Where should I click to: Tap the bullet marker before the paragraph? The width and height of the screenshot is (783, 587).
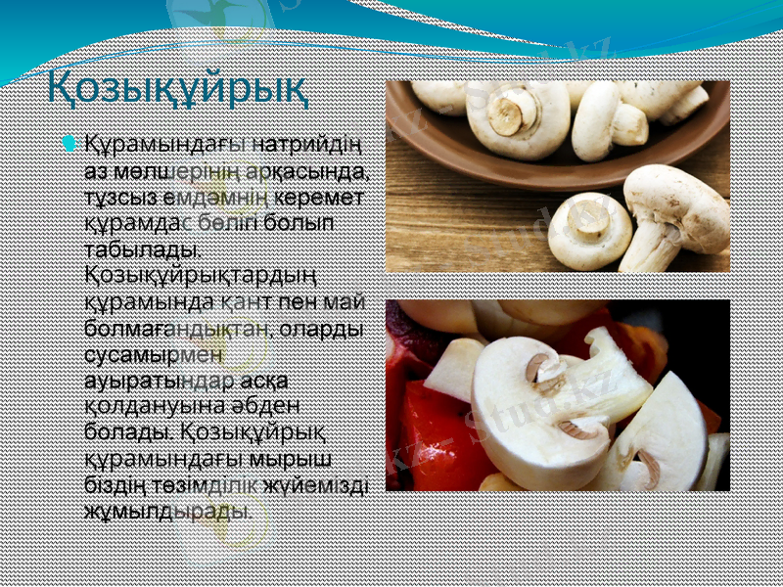67,144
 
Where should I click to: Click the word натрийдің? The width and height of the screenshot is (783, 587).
308,146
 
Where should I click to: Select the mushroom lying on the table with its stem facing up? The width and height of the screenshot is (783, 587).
590,230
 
